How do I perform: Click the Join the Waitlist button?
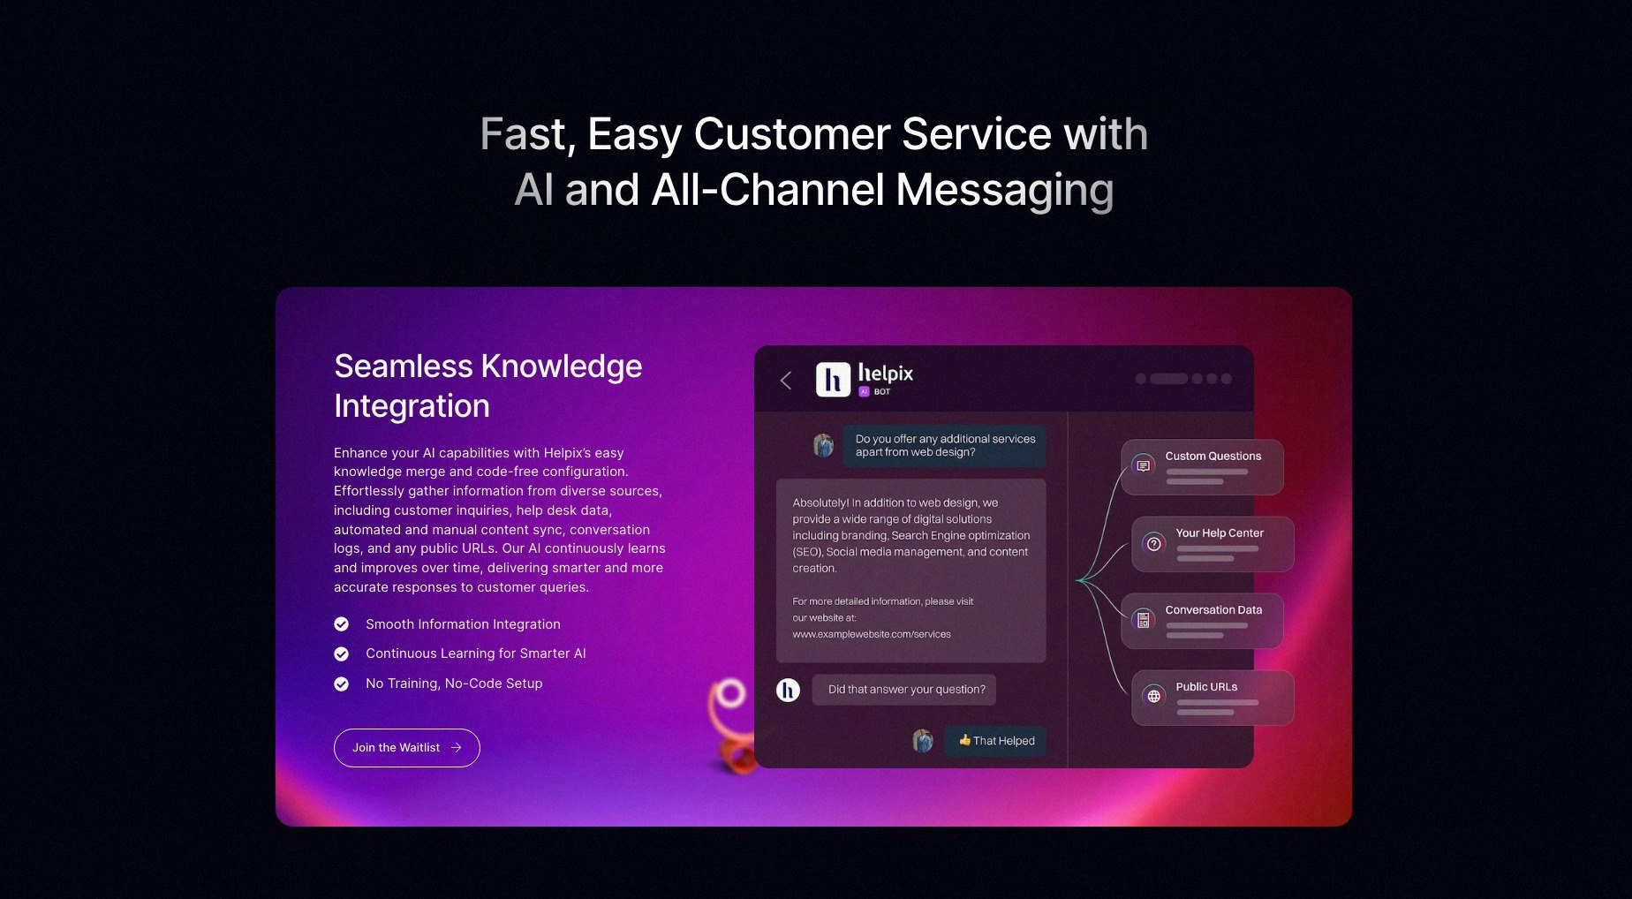(x=406, y=748)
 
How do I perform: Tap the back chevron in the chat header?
(x=785, y=381)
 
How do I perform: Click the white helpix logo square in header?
(x=833, y=380)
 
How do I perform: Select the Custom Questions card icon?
(x=1144, y=465)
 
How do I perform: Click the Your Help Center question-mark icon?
(x=1154, y=543)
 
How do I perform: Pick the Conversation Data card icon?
(x=1144, y=619)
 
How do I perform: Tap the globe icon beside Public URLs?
(x=1154, y=696)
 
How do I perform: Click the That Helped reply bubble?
(x=995, y=741)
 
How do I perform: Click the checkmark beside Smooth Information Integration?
(x=342, y=624)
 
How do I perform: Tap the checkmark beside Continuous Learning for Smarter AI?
(x=342, y=653)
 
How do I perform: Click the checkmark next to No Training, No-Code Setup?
(x=342, y=684)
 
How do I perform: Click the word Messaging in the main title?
(x=1005, y=191)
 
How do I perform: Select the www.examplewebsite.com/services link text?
(x=872, y=634)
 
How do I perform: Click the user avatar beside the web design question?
(x=824, y=444)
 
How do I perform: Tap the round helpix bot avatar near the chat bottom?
(x=788, y=690)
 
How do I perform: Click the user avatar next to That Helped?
(x=923, y=741)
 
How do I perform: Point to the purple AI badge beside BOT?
(x=865, y=392)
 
